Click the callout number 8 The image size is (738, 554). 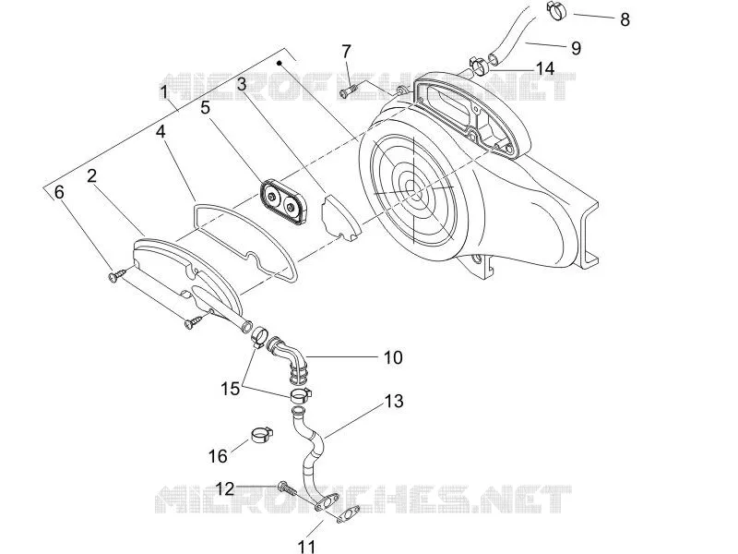point(625,19)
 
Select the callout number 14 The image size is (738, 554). point(545,68)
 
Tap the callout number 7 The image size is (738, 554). point(347,51)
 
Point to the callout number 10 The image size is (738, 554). point(393,357)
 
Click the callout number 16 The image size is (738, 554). point(218,456)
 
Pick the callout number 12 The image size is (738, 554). point(225,489)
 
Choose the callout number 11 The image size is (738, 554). point(307,547)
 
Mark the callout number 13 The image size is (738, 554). point(394,402)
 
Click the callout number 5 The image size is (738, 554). point(205,107)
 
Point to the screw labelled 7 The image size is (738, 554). point(350,90)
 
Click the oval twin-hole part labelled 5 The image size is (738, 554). point(283,201)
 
